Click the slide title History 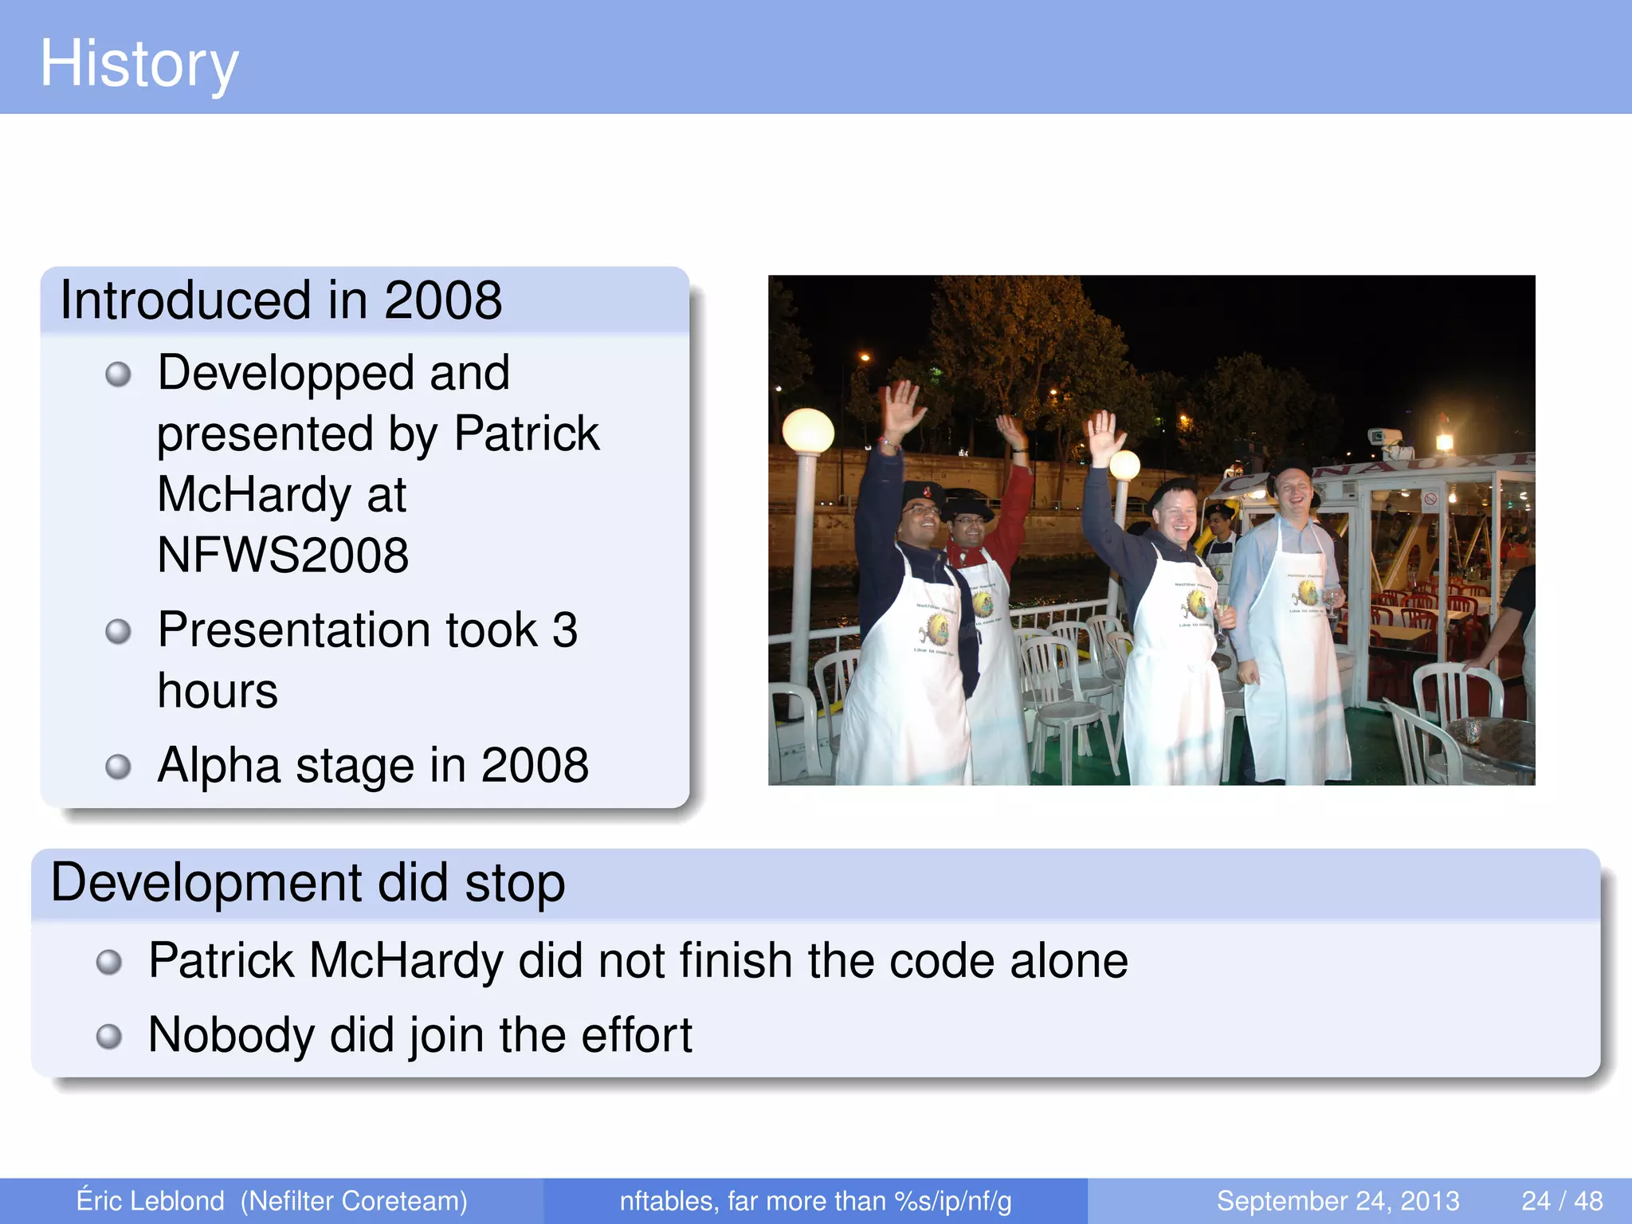coord(139,64)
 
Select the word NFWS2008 coord(283,555)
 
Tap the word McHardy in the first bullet coord(253,495)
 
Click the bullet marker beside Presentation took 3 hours coord(118,632)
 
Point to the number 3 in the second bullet coord(564,630)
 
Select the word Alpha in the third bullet coord(218,766)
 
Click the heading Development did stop coord(308,883)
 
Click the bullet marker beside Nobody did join coord(109,1037)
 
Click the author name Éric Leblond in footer coord(150,1201)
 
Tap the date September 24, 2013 coord(1337,1201)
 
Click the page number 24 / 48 coord(1562,1201)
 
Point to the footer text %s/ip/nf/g coord(953,1201)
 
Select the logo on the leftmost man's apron coord(935,630)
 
